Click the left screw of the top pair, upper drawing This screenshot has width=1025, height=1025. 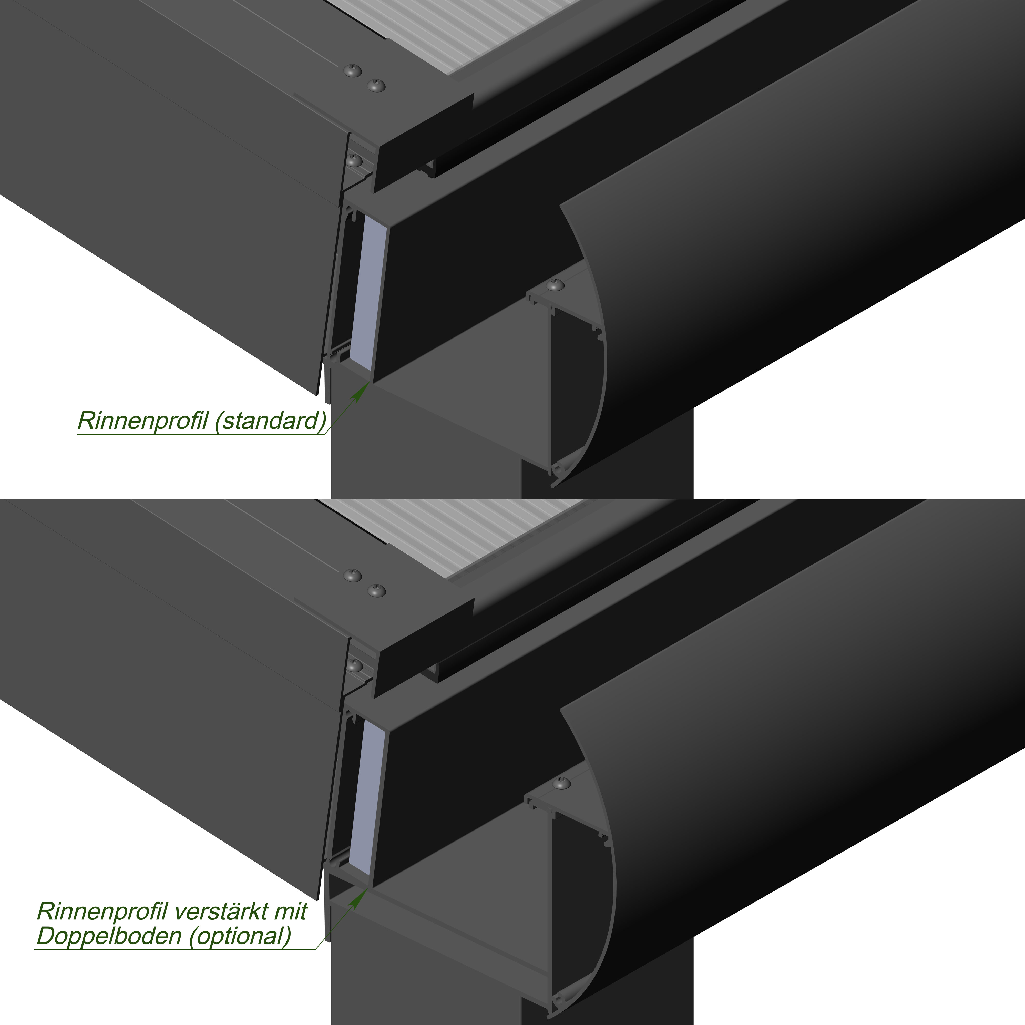(353, 70)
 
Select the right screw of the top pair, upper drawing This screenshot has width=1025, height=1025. (376, 85)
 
